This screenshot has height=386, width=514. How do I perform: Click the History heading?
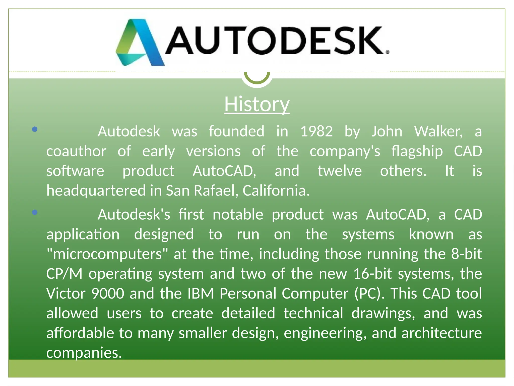(x=257, y=104)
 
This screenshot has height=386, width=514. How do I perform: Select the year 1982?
(x=316, y=131)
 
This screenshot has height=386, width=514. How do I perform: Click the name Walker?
(x=438, y=131)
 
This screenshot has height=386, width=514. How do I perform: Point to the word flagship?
(x=417, y=151)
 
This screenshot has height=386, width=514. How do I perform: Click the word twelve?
(x=340, y=171)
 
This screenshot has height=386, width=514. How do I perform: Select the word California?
(x=276, y=190)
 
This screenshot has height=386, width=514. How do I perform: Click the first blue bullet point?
(x=35, y=129)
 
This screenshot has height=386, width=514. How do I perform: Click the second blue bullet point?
(x=35, y=213)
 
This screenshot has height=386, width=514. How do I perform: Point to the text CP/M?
(x=64, y=274)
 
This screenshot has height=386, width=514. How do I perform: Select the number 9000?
(x=108, y=294)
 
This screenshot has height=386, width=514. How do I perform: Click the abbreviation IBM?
(x=200, y=294)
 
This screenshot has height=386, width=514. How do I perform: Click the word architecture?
(x=441, y=333)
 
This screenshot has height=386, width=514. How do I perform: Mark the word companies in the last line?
(x=84, y=353)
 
